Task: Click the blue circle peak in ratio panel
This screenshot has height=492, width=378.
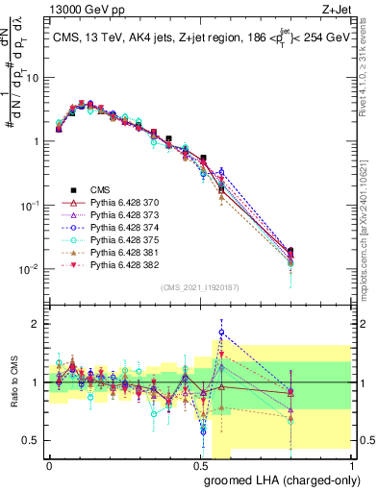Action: tap(221, 332)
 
